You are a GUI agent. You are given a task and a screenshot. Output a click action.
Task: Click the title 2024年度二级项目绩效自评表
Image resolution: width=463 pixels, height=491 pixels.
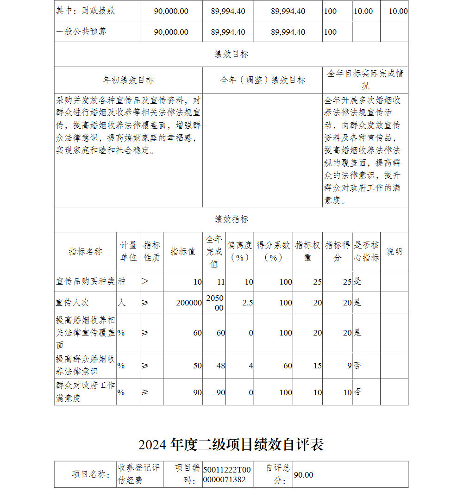[231, 445]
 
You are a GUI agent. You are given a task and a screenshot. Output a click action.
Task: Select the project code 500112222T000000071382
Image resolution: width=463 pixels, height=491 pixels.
[227, 474]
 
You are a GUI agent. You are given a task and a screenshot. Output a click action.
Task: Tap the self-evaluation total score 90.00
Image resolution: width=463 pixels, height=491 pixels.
[304, 475]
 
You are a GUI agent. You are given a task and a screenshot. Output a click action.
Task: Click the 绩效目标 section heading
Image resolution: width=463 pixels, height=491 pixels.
[231, 54]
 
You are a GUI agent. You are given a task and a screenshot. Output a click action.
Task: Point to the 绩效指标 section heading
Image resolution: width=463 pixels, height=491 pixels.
[231, 219]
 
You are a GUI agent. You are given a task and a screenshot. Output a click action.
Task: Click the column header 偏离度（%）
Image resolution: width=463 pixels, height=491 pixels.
[239, 251]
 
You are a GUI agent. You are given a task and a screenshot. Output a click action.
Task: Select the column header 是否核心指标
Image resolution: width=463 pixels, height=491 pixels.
[366, 251]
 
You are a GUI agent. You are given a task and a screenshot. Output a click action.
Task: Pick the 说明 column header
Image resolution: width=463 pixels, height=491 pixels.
[394, 251]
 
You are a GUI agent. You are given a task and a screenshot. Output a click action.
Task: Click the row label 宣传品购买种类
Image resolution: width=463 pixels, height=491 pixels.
[85, 281]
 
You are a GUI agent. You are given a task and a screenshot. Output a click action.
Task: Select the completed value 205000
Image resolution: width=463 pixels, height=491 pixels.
[215, 303]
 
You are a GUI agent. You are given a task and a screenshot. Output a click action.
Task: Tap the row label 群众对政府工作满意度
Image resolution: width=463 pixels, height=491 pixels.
[85, 392]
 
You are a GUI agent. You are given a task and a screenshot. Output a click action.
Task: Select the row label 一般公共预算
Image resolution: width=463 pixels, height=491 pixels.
[81, 31]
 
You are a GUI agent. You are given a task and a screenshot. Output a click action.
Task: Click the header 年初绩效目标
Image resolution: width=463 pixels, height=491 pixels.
[128, 80]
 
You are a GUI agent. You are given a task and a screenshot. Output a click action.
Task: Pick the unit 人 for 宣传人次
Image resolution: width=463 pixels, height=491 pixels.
[122, 303]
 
